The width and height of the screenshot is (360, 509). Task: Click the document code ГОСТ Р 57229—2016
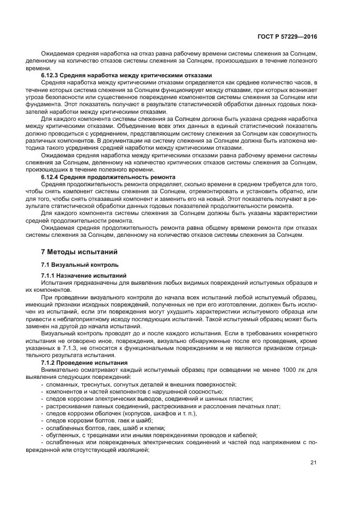[x=286, y=36]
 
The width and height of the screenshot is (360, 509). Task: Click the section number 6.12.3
[x=51, y=75]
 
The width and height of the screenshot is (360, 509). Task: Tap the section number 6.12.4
[x=51, y=177]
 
